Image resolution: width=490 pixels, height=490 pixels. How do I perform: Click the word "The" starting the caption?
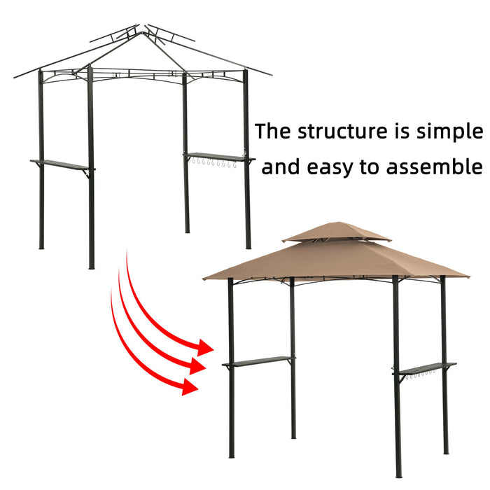(x=274, y=132)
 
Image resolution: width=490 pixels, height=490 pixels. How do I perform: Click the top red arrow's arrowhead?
(x=204, y=346)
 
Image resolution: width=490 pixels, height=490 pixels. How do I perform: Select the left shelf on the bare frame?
(x=61, y=164)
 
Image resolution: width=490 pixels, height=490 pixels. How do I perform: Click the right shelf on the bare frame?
(x=216, y=157)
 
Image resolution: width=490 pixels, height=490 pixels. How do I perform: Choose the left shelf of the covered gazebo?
(x=258, y=361)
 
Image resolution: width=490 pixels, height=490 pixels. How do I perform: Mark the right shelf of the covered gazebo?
(x=426, y=368)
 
